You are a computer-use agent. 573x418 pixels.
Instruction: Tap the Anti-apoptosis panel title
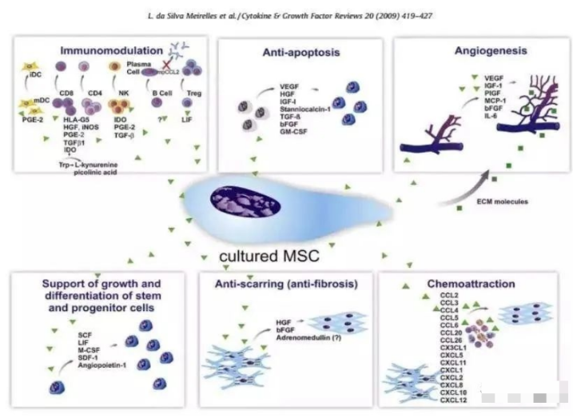[x=297, y=53]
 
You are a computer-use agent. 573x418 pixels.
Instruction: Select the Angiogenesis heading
[x=478, y=50]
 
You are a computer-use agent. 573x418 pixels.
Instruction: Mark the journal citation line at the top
[x=285, y=15]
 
